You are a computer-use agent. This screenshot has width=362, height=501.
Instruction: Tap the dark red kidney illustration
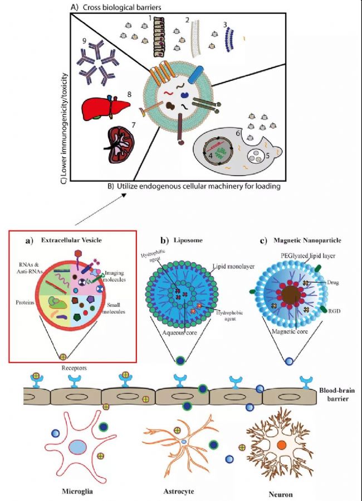pyautogui.click(x=122, y=142)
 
